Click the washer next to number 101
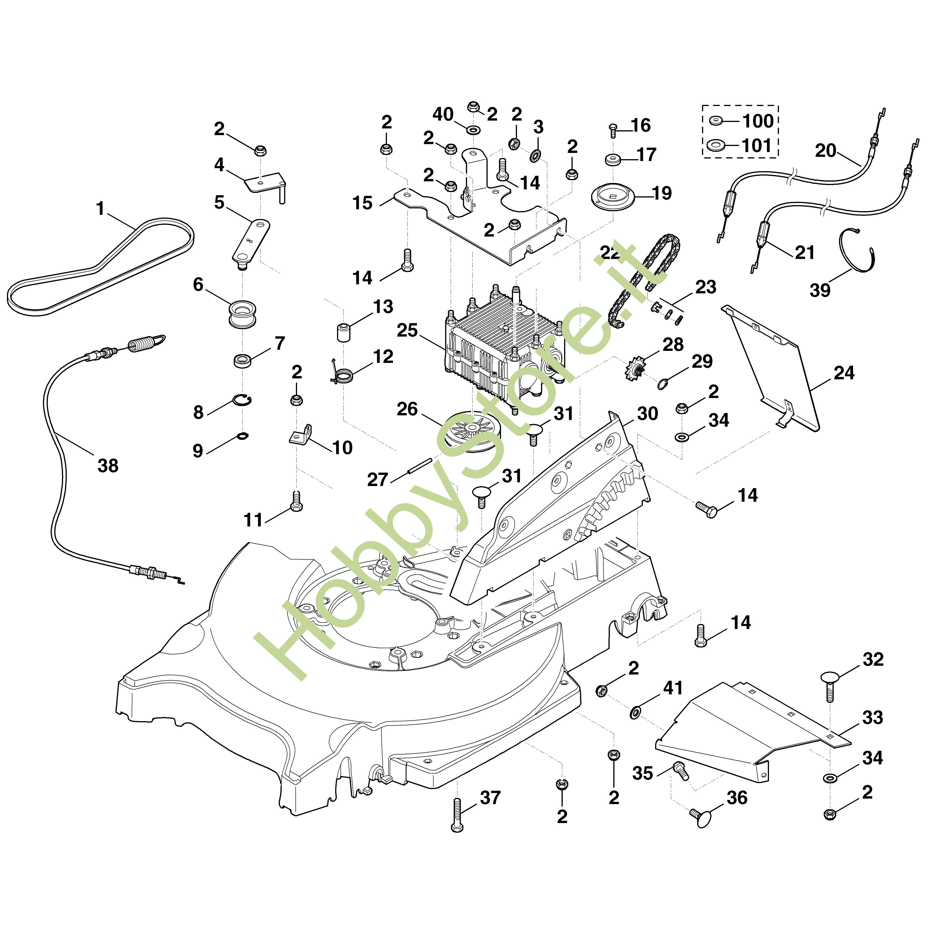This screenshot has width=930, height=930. [x=717, y=144]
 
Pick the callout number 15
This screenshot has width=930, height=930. [x=362, y=203]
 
